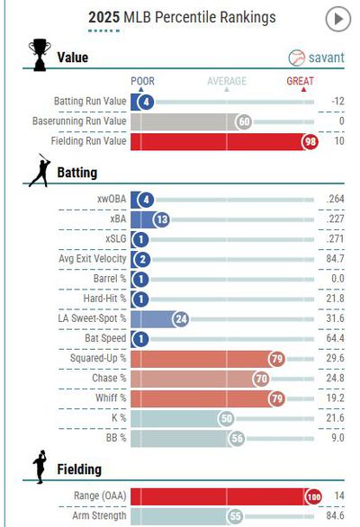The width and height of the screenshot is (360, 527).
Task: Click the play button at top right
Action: pyautogui.click(x=338, y=19)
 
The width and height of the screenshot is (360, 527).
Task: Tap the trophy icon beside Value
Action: pyautogui.click(x=40, y=55)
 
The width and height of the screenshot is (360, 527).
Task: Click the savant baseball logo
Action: pyautogui.click(x=296, y=58)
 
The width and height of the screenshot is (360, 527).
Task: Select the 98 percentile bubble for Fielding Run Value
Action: pyautogui.click(x=310, y=141)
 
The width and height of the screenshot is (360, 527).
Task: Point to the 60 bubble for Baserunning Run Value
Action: pyautogui.click(x=244, y=121)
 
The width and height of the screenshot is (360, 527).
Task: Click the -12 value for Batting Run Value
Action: pyautogui.click(x=337, y=101)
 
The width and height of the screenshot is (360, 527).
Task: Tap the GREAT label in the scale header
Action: pyautogui.click(x=300, y=81)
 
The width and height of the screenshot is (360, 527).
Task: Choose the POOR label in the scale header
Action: pyautogui.click(x=143, y=81)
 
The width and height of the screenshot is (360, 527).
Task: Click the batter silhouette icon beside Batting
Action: pyautogui.click(x=40, y=170)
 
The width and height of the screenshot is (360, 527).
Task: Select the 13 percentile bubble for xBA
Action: pyautogui.click(x=162, y=219)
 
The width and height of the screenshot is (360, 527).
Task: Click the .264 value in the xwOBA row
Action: pyautogui.click(x=335, y=199)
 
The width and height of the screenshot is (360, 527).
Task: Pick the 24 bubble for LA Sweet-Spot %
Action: pyautogui.click(x=181, y=319)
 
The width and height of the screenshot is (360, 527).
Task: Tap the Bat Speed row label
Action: pyautogui.click(x=105, y=338)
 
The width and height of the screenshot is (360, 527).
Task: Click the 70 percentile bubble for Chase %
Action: pyautogui.click(x=261, y=380)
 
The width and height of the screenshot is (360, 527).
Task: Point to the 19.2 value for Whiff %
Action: pyautogui.click(x=335, y=398)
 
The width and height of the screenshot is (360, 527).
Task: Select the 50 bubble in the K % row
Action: pyautogui.click(x=227, y=419)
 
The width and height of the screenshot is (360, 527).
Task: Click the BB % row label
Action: pyautogui.click(x=116, y=438)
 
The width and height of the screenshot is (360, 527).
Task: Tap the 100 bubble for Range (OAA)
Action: pyautogui.click(x=313, y=496)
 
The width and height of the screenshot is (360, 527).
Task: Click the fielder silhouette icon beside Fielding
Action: pyautogui.click(x=40, y=467)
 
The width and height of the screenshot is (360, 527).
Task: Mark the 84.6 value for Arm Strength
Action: pyautogui.click(x=335, y=515)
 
